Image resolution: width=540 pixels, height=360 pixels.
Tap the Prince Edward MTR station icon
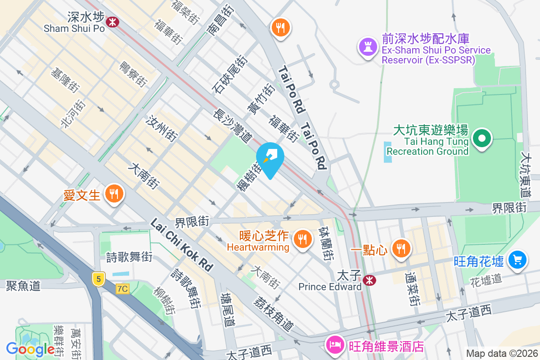point(369,280)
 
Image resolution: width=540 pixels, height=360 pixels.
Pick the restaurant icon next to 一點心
point(400,247)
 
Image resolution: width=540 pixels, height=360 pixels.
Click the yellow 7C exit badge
point(122,289)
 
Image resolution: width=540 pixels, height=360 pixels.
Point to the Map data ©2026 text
point(501,354)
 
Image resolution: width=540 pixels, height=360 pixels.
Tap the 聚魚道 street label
point(23,285)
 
